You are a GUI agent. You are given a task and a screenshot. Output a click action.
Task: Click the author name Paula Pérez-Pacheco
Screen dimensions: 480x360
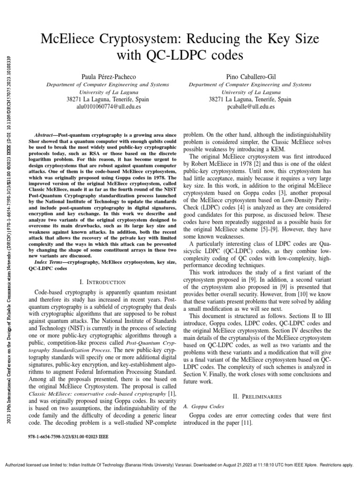[x=102, y=76]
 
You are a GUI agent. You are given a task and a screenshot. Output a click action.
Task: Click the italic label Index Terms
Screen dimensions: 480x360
[x=50, y=262]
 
